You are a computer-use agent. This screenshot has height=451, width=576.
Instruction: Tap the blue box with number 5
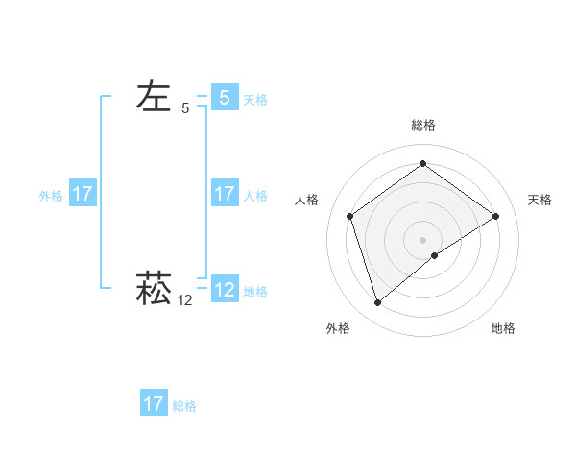tap(224, 98)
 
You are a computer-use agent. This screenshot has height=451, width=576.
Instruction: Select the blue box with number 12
tap(224, 290)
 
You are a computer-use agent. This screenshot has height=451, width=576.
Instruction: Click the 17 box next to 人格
tap(224, 194)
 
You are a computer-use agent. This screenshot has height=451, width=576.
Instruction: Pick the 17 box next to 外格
tap(83, 194)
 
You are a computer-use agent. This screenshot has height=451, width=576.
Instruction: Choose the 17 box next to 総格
tap(154, 404)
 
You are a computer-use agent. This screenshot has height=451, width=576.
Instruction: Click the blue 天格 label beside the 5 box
tap(255, 99)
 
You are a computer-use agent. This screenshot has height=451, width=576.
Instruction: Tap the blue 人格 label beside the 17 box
tap(255, 195)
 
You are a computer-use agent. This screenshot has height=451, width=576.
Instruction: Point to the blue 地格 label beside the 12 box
tap(255, 291)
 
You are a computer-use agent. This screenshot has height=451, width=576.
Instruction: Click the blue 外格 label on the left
tap(51, 195)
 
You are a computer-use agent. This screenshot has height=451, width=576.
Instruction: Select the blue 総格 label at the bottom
tap(184, 405)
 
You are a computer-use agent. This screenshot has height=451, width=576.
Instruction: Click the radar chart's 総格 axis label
tap(422, 125)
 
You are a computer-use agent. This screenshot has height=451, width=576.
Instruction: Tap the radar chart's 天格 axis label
tap(540, 200)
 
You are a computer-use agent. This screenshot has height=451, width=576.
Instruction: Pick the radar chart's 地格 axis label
tap(503, 328)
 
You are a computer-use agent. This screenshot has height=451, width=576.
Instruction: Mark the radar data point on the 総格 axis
tap(422, 164)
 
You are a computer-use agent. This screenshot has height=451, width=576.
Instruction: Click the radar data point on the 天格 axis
tap(495, 216)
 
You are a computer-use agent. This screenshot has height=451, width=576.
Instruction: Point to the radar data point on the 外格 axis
tap(377, 303)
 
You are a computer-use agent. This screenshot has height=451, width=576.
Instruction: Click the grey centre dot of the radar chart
tap(422, 239)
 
